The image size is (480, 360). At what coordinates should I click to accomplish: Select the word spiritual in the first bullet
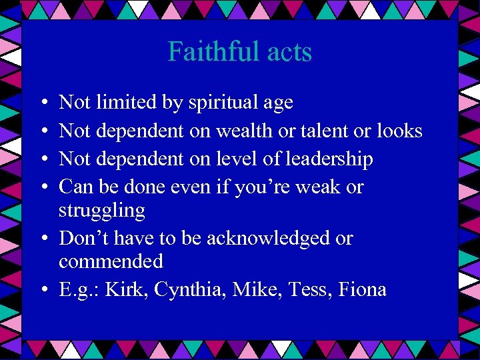[221, 103]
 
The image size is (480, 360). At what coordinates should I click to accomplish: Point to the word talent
[323, 131]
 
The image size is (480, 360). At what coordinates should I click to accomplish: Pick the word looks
[397, 131]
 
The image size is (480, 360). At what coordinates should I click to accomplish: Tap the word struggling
[101, 211]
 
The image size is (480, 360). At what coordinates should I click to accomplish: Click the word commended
[111, 261]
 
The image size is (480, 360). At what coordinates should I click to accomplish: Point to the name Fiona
[363, 289]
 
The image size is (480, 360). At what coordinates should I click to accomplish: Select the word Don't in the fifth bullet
[81, 238]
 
